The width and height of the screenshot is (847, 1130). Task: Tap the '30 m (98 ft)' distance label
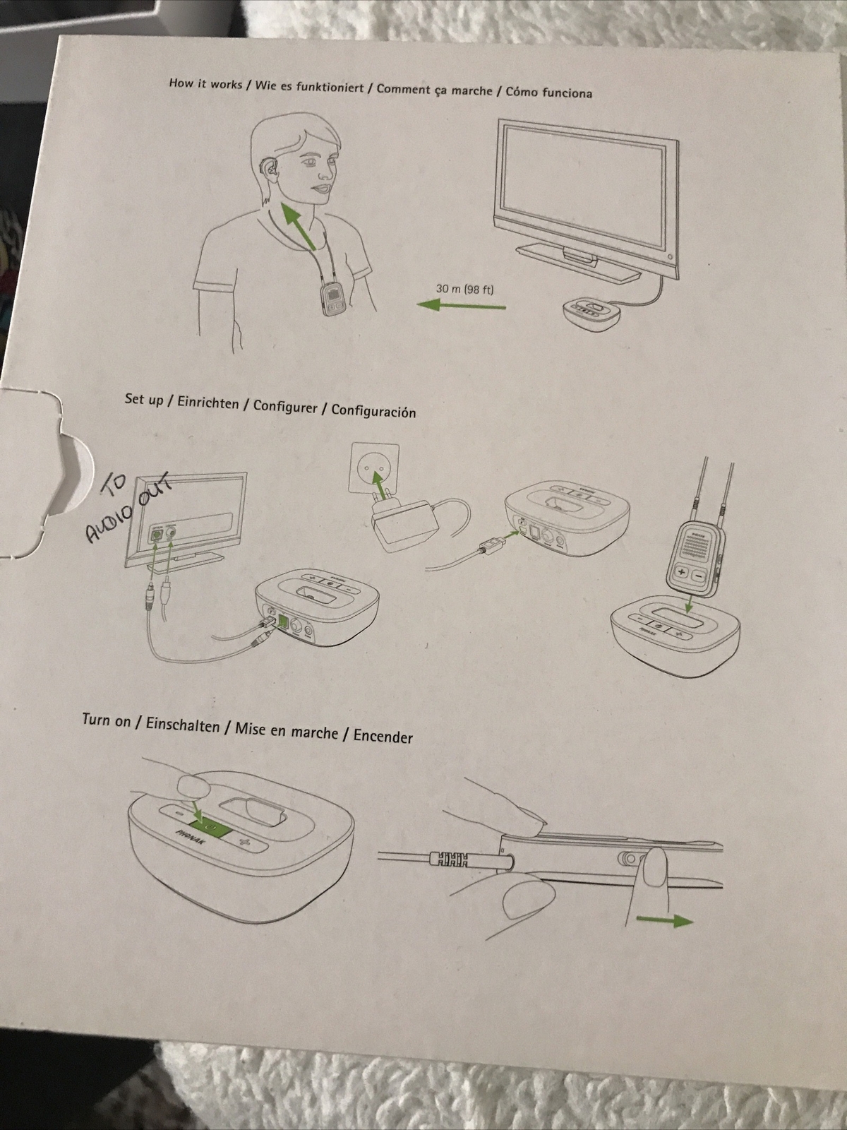coord(464,288)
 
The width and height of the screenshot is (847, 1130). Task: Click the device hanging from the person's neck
coord(332,300)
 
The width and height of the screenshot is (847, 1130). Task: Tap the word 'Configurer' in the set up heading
coord(285,406)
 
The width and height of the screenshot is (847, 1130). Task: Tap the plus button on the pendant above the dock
coord(683,573)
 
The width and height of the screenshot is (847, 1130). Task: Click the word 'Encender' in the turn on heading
coord(383,736)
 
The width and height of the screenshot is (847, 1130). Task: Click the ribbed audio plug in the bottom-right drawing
coord(449,860)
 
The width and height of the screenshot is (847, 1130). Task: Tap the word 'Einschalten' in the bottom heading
coord(183,725)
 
